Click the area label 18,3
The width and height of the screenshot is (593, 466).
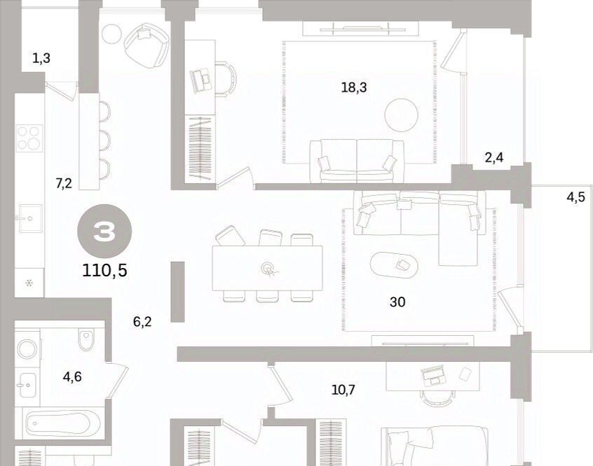tap(354, 88)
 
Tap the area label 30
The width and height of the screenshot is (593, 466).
tap(397, 302)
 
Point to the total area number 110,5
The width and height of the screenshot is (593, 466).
tap(104, 270)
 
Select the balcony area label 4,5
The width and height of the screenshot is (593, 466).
tap(575, 197)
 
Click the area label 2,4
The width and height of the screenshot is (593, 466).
tap(494, 157)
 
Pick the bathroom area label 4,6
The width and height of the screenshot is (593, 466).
tap(72, 377)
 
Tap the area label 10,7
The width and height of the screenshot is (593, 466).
tap(343, 390)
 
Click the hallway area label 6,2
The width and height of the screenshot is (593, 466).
tap(142, 322)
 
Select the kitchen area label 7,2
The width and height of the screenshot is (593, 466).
tap(64, 184)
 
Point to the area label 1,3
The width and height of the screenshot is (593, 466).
tap(41, 59)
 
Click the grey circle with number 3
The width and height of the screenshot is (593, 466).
tap(104, 232)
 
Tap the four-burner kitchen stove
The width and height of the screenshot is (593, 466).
tap(29, 138)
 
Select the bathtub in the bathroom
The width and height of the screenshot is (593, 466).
tap(63, 423)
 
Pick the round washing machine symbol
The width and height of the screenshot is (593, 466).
tap(27, 348)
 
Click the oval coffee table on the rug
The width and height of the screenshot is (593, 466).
tap(394, 264)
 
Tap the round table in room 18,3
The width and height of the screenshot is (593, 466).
tap(401, 115)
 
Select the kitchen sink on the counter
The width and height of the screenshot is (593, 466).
tap(30, 218)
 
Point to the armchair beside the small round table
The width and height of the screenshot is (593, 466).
tap(146, 44)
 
